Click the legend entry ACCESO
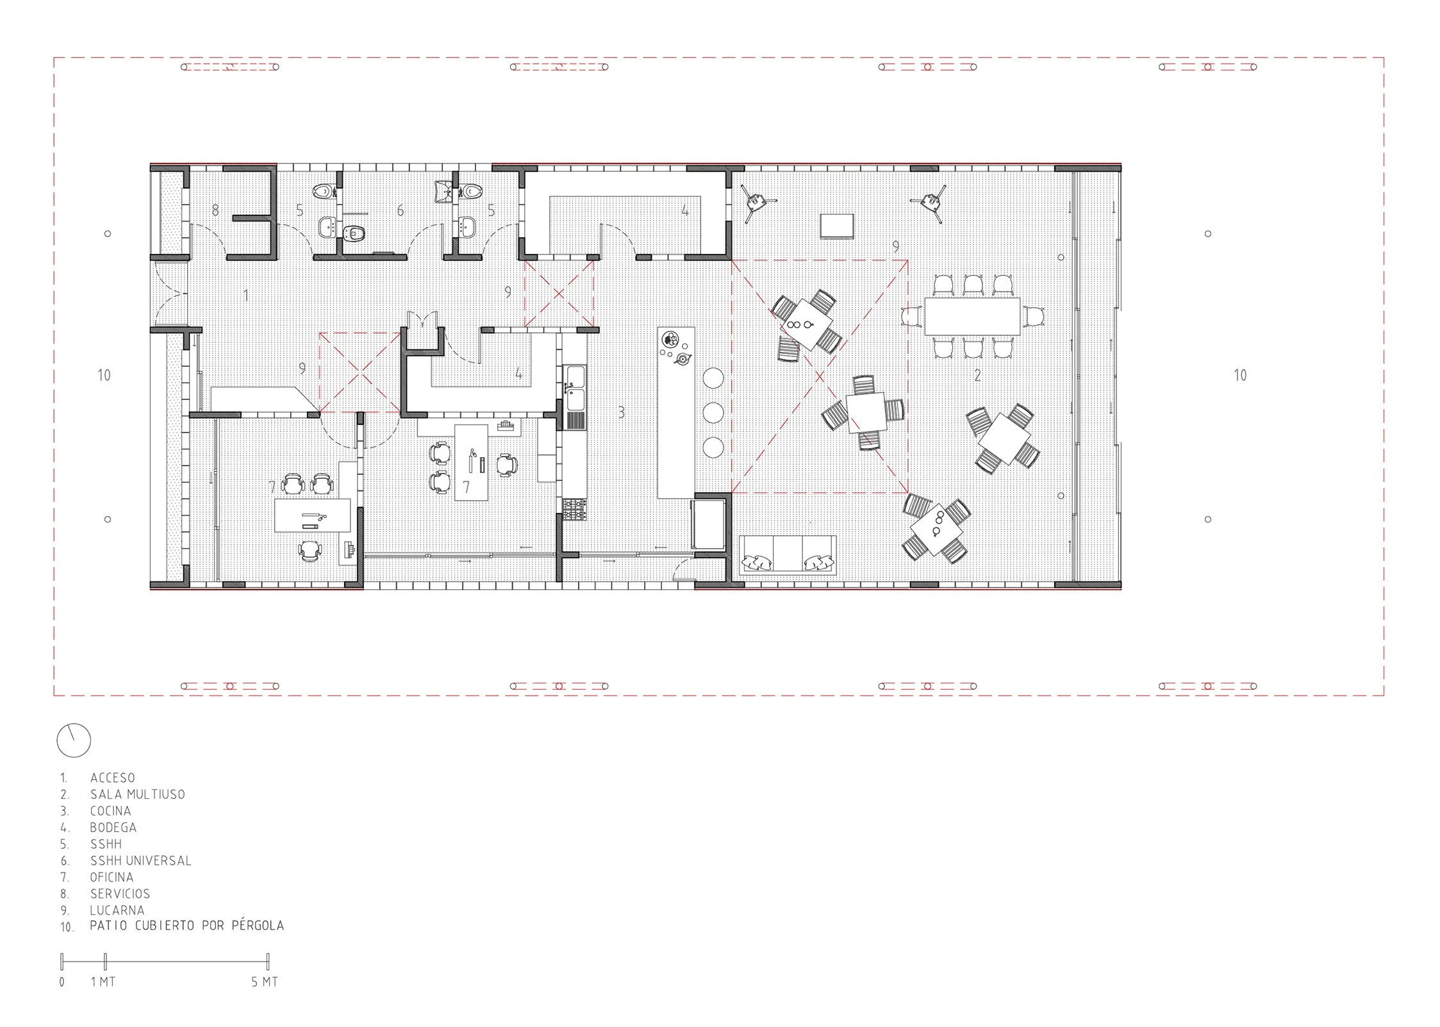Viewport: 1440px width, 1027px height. [112, 778]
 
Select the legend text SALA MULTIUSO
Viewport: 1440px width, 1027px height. [137, 794]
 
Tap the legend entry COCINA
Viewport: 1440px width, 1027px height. [110, 811]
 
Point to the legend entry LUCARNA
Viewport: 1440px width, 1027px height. [117, 910]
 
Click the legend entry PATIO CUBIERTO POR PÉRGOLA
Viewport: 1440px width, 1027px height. [186, 926]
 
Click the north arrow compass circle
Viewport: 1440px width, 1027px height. [74, 740]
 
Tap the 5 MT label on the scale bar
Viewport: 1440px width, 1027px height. [265, 981]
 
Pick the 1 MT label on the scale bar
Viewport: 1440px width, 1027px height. [103, 981]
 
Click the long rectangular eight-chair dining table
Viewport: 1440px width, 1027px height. [972, 316]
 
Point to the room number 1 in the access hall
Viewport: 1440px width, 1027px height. [246, 296]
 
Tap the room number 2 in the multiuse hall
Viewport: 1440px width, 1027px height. [977, 375]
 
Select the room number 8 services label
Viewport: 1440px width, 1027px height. [215, 210]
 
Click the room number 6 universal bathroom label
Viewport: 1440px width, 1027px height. [401, 210]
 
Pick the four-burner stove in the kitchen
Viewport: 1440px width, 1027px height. [574, 510]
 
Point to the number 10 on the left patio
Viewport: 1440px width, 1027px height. [104, 375]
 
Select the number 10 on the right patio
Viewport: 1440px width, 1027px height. [1240, 375]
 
